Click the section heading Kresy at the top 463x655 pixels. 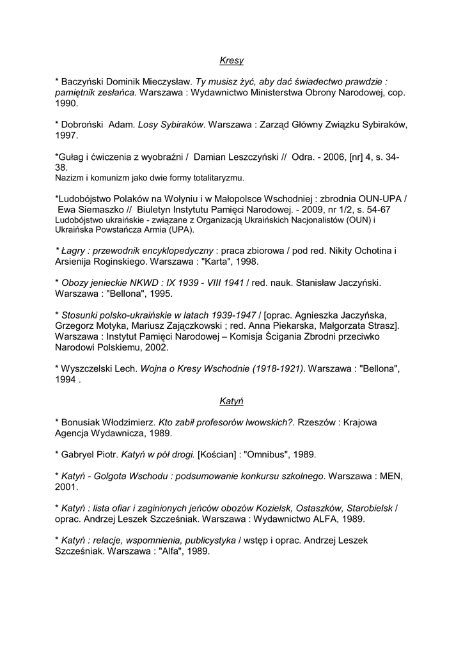(231, 61)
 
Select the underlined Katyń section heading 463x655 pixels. (231, 401)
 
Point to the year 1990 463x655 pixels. (67, 102)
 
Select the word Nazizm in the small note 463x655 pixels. (67, 177)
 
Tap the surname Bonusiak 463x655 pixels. (86, 423)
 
